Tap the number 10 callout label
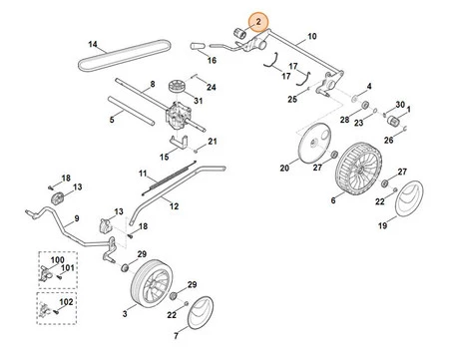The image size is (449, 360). [311, 37]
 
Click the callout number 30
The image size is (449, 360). [400, 106]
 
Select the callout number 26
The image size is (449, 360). [388, 142]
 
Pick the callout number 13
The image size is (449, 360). [79, 187]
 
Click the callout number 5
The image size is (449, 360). [111, 119]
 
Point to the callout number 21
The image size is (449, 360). [212, 142]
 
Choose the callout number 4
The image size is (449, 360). [368, 87]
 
